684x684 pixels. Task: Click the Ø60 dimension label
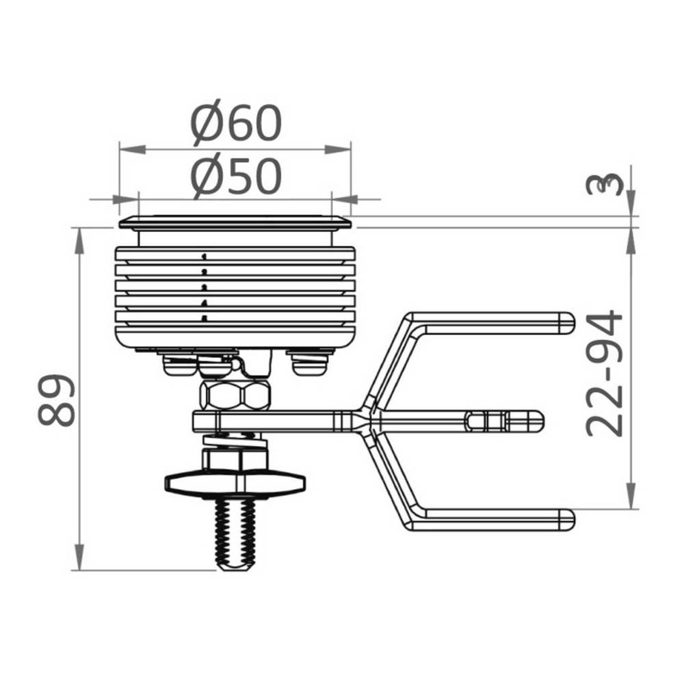(x=236, y=123)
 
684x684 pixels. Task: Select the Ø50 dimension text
(x=236, y=176)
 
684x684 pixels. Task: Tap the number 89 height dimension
(x=56, y=399)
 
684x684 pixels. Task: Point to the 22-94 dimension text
(x=604, y=373)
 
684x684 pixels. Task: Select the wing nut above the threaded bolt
(x=235, y=483)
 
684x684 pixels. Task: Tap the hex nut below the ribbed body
(x=235, y=395)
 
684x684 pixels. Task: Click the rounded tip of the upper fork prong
(x=568, y=324)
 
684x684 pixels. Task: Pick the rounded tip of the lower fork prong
(x=568, y=520)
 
